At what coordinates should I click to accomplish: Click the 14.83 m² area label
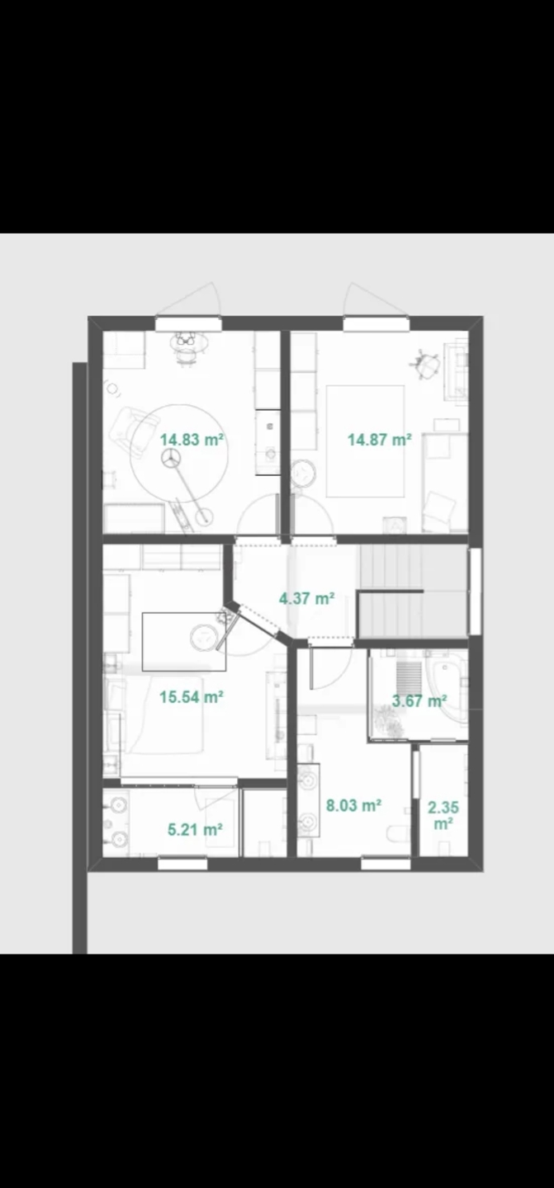click(192, 440)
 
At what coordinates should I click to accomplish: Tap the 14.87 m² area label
click(380, 440)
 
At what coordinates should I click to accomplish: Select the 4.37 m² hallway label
click(306, 599)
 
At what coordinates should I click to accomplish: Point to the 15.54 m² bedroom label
click(192, 697)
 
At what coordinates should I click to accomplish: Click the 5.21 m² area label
click(195, 829)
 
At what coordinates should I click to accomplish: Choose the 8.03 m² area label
click(353, 805)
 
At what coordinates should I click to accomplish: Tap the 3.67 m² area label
click(419, 700)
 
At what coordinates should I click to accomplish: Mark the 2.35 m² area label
click(443, 816)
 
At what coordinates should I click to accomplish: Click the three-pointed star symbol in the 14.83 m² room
click(171, 458)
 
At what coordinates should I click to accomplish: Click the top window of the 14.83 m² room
click(188, 323)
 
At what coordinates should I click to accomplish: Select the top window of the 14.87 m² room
click(376, 323)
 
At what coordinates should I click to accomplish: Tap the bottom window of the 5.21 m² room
click(182, 865)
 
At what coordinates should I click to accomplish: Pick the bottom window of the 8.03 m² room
click(386, 865)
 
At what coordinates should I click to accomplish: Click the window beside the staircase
click(475, 592)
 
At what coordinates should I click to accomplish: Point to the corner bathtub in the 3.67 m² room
click(452, 686)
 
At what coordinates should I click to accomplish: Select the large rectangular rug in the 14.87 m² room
click(365, 441)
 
